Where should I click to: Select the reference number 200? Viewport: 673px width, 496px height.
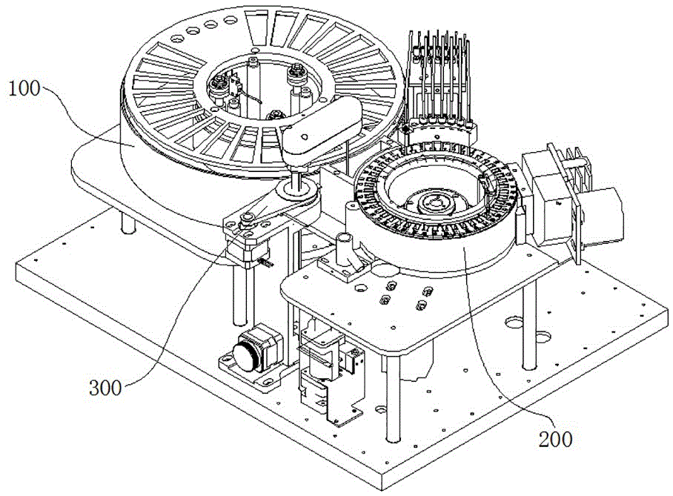click(556, 439)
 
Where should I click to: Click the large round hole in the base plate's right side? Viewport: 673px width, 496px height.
click(512, 324)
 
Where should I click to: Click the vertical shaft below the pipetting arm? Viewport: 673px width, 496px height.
click(303, 178)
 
